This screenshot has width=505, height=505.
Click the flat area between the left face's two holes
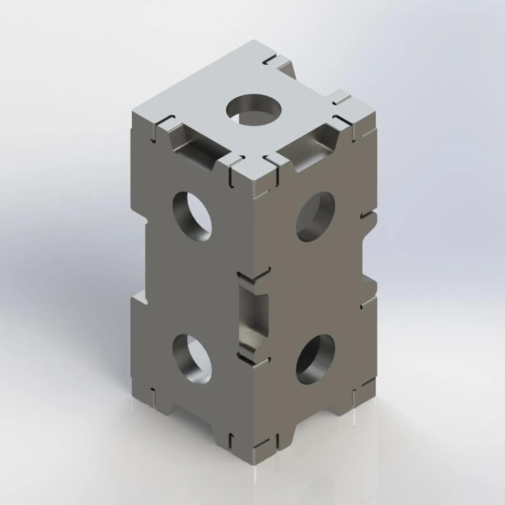click(x=192, y=286)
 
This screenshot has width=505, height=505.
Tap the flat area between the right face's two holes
click(x=315, y=286)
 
